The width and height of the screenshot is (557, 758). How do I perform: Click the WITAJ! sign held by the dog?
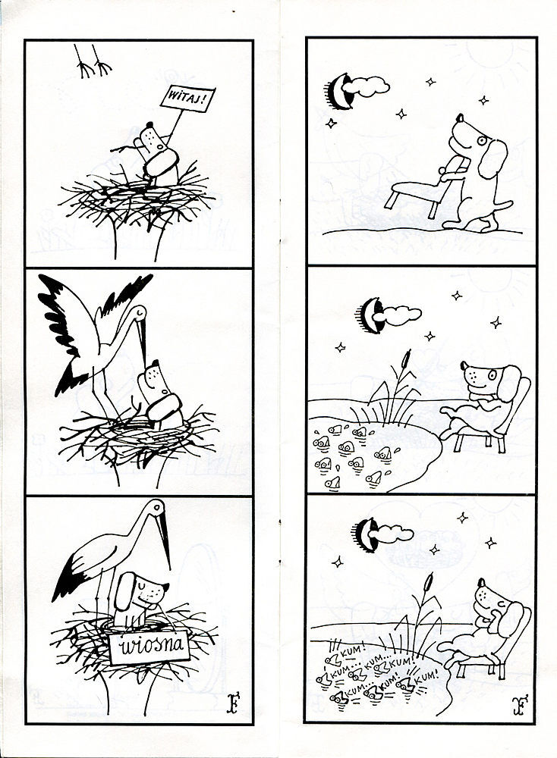(x=188, y=99)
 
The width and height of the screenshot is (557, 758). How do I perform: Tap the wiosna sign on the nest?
(x=148, y=646)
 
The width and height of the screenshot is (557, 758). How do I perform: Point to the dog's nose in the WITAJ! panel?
(x=149, y=125)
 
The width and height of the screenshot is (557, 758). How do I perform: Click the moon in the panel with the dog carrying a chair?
(x=337, y=92)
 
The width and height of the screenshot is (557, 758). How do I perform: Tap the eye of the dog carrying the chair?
(x=482, y=141)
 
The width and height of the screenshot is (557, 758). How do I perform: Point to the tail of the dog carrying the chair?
(x=503, y=205)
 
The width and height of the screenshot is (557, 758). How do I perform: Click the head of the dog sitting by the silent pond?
(x=488, y=380)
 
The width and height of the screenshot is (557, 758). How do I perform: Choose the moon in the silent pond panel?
(x=370, y=315)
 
